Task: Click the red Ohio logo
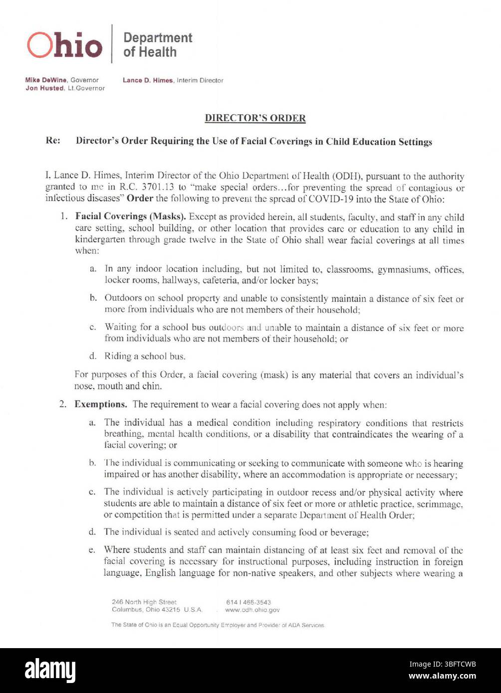pyautogui.click(x=64, y=45)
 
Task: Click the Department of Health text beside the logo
pyautogui.click(x=157, y=45)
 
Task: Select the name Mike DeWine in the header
pyautogui.click(x=46, y=80)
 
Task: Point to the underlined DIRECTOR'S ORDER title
pyautogui.click(x=255, y=118)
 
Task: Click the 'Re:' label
pyautogui.click(x=53, y=141)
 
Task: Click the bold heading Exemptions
pyautogui.click(x=100, y=404)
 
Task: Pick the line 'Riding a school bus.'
pyautogui.click(x=145, y=356)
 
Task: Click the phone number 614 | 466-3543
pyautogui.click(x=248, y=602)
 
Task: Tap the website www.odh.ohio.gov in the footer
pyautogui.click(x=252, y=610)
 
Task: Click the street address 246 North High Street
pyautogui.click(x=144, y=602)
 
